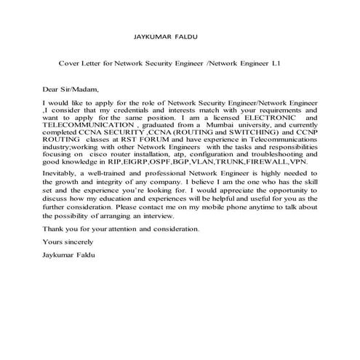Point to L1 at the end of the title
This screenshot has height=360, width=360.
tap(275, 63)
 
